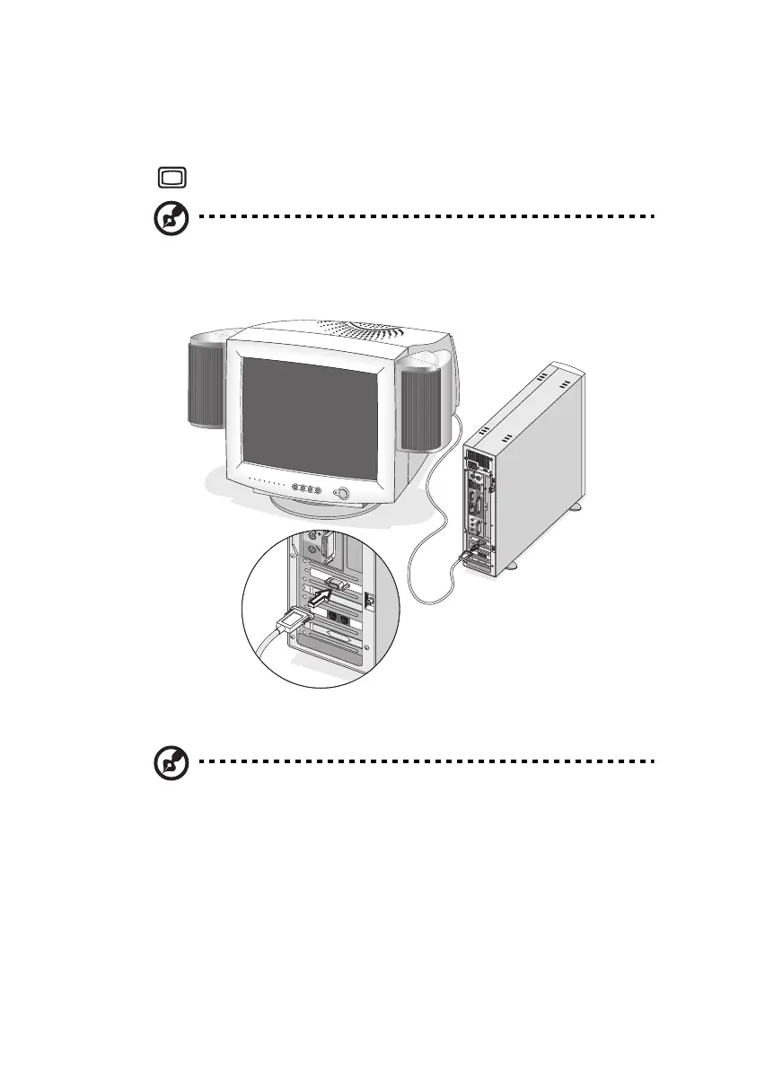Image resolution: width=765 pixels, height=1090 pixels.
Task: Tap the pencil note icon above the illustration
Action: point(170,219)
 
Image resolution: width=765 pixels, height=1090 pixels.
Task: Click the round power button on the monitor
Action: point(341,493)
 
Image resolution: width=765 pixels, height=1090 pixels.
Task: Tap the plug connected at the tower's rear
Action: point(468,558)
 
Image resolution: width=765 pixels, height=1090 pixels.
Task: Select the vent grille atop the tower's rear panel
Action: point(479,460)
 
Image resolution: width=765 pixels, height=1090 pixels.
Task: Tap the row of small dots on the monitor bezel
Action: point(265,487)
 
